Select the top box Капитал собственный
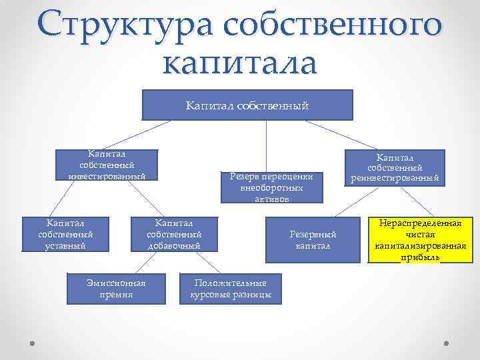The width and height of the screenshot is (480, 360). (247, 105)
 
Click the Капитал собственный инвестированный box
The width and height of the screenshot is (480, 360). (107, 165)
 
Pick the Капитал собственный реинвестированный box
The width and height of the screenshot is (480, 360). (394, 167)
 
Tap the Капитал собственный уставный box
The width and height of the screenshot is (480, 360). (65, 233)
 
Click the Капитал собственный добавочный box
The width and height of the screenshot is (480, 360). (174, 233)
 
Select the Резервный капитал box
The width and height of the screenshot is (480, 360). (313, 240)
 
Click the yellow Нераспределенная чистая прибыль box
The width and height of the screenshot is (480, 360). (421, 240)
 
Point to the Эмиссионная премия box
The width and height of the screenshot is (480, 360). (116, 289)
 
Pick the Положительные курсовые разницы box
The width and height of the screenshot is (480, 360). (230, 289)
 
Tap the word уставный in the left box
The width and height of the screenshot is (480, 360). (65, 245)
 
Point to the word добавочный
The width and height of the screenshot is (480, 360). (174, 245)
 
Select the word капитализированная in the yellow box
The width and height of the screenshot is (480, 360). (421, 246)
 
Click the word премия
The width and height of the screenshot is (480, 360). (116, 294)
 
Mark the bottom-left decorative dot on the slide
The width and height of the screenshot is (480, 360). (33, 341)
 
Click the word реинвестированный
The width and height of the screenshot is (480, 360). (394, 178)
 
